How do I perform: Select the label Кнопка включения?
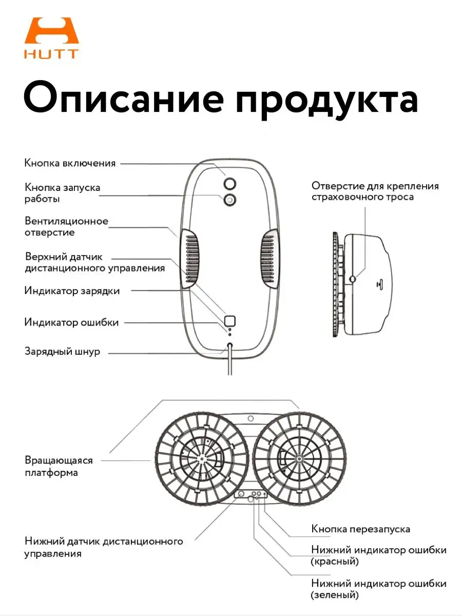click(70, 163)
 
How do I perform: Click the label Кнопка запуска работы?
click(62, 193)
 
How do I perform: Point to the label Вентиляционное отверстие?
click(66, 226)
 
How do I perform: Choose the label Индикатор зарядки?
click(72, 291)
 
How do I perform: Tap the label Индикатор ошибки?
click(71, 322)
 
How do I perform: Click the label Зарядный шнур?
click(62, 352)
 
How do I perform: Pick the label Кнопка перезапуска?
click(360, 529)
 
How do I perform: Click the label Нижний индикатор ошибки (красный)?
click(378, 555)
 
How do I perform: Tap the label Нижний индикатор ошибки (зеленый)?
click(378, 589)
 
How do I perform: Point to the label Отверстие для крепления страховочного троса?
click(375, 191)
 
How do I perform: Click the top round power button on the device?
click(229, 183)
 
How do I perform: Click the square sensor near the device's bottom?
click(229, 321)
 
